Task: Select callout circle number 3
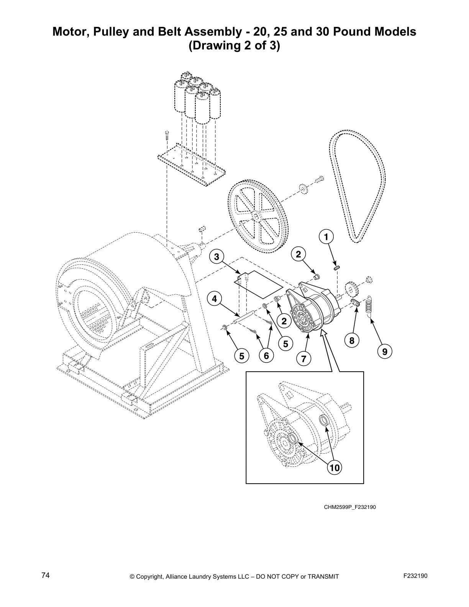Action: point(217,256)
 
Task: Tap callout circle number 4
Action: point(215,299)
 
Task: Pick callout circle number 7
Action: point(303,359)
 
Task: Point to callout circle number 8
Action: point(351,339)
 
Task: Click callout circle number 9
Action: point(384,351)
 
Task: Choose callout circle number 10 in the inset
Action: point(335,467)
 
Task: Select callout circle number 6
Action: point(266,356)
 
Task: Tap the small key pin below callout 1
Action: point(336,268)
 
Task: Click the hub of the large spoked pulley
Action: point(256,216)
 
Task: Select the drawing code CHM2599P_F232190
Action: point(350,507)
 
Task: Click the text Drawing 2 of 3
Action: point(234,46)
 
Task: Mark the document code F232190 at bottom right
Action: point(415,576)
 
